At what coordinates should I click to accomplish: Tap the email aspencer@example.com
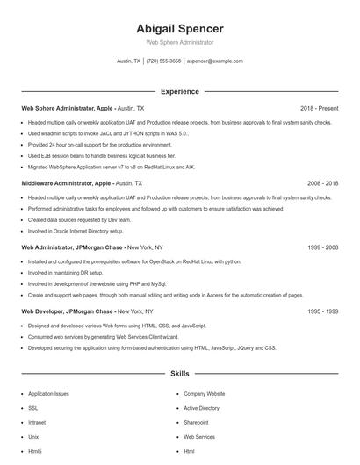click(x=214, y=61)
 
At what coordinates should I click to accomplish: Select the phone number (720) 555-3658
click(x=164, y=61)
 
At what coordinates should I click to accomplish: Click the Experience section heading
click(x=179, y=91)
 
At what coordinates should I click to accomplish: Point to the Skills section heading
click(x=179, y=374)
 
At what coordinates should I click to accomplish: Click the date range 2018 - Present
click(x=319, y=108)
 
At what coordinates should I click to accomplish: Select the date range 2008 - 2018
click(x=322, y=184)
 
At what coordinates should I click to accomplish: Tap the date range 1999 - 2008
click(x=322, y=247)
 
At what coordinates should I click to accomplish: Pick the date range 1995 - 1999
click(x=322, y=311)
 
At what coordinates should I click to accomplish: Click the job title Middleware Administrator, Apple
click(x=67, y=184)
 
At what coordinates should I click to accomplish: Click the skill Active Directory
click(x=201, y=408)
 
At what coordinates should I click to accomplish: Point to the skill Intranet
click(x=38, y=422)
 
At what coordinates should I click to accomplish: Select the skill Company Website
click(x=204, y=394)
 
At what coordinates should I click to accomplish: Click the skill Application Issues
click(x=48, y=394)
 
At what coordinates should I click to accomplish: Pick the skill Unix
click(x=33, y=436)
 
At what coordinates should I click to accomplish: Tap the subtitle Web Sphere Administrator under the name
click(x=179, y=42)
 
